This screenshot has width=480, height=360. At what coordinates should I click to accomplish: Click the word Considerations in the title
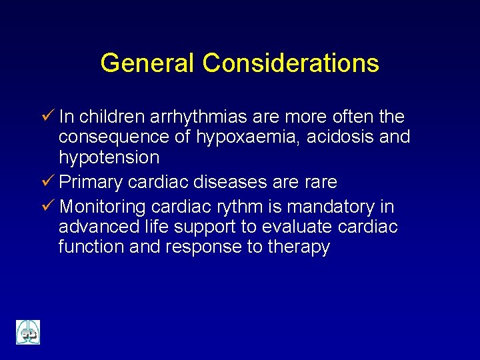[291, 63]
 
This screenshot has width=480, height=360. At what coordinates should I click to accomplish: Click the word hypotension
[109, 158]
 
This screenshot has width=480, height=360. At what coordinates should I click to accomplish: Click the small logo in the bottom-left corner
[28, 332]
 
